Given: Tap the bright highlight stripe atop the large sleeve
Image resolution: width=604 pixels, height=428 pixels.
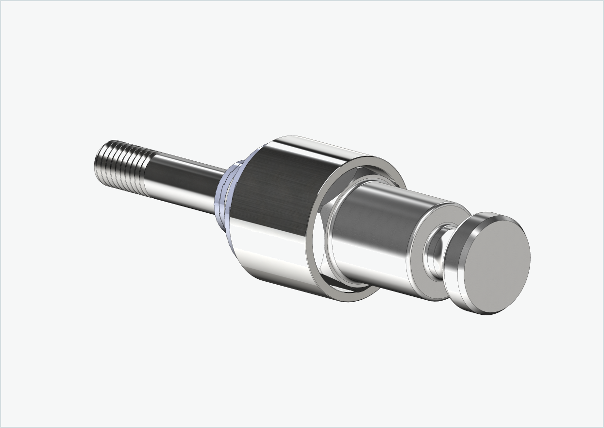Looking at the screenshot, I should [311, 146].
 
